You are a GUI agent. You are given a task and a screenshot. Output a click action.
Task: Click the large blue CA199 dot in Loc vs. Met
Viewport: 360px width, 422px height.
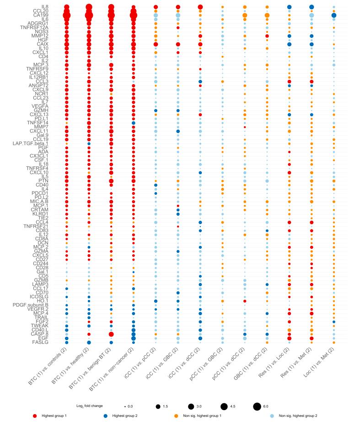[x=334, y=15]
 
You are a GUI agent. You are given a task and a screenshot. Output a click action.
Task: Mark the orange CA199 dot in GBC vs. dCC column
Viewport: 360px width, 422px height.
[x=267, y=15]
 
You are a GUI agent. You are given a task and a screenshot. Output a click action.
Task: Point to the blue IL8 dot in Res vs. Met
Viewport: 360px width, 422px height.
[x=312, y=7]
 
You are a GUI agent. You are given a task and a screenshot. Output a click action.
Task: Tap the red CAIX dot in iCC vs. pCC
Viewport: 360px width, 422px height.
[x=156, y=44]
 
